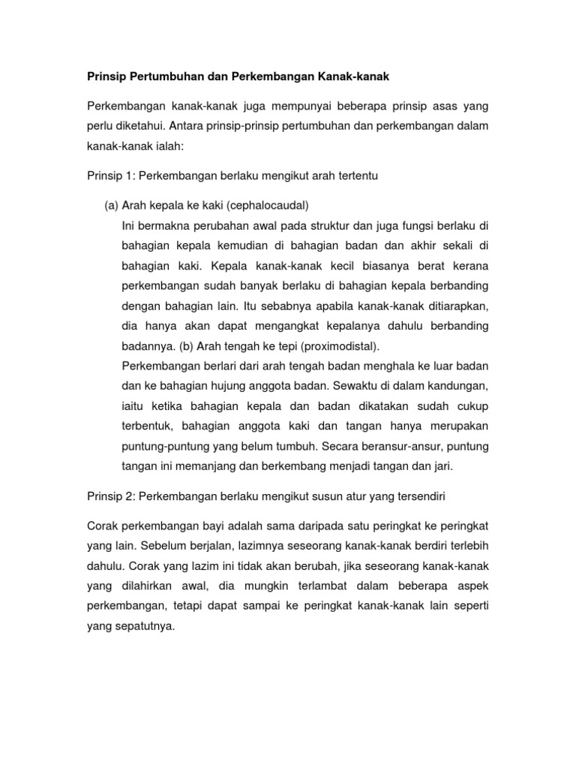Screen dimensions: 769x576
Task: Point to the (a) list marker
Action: click(112, 206)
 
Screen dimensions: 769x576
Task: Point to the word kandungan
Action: click(452, 386)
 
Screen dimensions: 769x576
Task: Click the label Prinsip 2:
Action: click(109, 496)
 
